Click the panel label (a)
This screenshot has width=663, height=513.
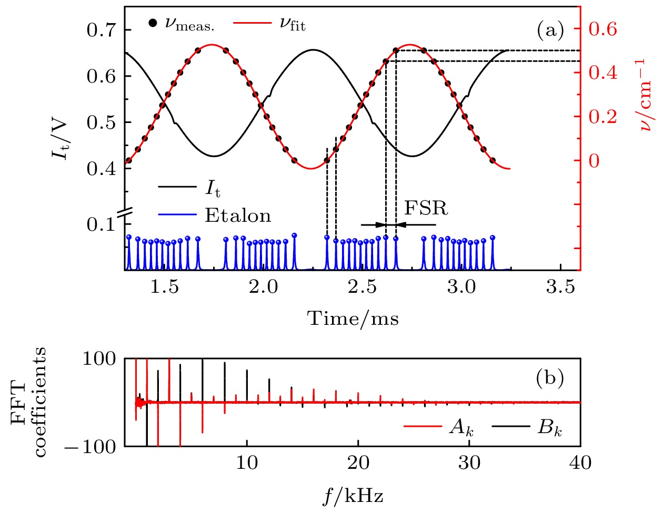550,31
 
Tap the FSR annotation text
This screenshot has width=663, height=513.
426,209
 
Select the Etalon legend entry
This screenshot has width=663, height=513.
238,216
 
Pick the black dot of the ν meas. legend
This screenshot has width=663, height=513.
153,23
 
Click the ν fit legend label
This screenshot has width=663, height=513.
293,24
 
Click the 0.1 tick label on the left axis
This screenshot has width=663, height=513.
102,224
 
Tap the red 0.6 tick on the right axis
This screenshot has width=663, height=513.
602,29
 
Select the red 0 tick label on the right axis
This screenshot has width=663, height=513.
594,161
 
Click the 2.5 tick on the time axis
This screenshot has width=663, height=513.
363,287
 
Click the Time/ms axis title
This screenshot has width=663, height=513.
353,319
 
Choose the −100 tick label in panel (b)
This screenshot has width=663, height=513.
91,447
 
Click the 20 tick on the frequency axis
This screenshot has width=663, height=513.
358,463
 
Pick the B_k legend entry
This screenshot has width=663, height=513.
550,428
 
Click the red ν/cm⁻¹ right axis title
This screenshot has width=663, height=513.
645,95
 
